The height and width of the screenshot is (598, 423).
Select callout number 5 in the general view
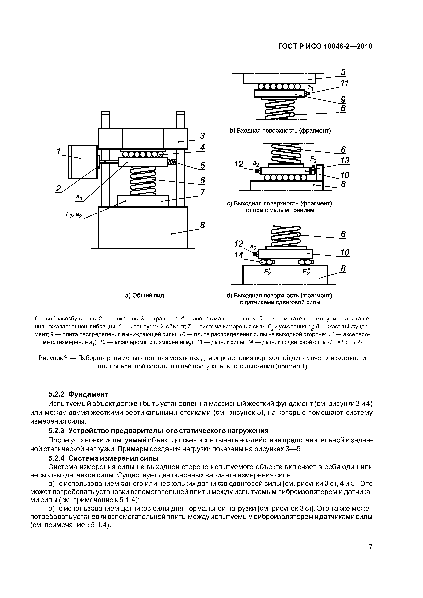[202, 165]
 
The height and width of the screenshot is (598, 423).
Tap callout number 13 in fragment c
[345, 160]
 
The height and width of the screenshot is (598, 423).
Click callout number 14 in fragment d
[238, 255]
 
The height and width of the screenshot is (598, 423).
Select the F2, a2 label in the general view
[74, 215]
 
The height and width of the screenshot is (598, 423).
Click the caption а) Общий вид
[145, 295]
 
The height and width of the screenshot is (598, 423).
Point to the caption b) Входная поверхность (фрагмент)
[280, 130]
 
